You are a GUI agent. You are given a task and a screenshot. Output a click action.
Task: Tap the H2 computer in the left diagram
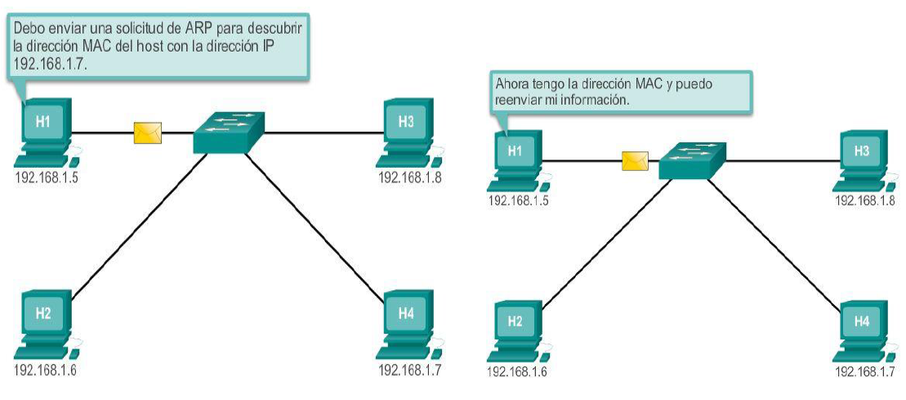coord(45,320)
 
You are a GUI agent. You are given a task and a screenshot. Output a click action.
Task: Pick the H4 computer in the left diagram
coord(407,320)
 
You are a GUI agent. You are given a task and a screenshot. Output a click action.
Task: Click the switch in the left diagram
coord(230,132)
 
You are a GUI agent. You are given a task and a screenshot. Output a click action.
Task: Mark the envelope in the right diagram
coord(635,161)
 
